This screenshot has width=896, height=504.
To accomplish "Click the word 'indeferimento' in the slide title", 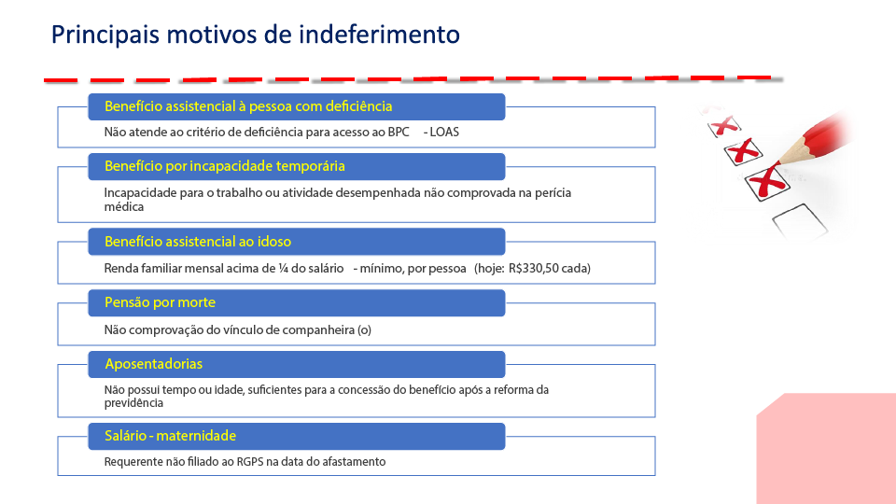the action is pyautogui.click(x=380, y=35).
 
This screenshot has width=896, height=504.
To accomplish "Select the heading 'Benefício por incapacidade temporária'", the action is pyautogui.click(x=225, y=166).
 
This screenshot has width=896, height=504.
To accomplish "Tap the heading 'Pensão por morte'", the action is pyautogui.click(x=160, y=302).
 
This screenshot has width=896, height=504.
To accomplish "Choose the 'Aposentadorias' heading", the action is pyautogui.click(x=154, y=364).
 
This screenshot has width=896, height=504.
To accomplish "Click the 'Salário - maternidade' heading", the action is pyautogui.click(x=170, y=436).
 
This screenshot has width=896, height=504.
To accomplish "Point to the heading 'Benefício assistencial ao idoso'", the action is pyautogui.click(x=198, y=242).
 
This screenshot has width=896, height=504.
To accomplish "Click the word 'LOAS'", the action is pyautogui.click(x=444, y=132).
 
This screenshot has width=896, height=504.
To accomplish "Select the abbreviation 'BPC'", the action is pyautogui.click(x=399, y=132).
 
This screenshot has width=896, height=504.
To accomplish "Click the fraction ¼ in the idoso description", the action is pyautogui.click(x=284, y=269).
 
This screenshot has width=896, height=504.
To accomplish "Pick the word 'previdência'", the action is pyautogui.click(x=133, y=403).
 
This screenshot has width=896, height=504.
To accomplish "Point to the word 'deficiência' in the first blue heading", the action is pyautogui.click(x=355, y=106).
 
